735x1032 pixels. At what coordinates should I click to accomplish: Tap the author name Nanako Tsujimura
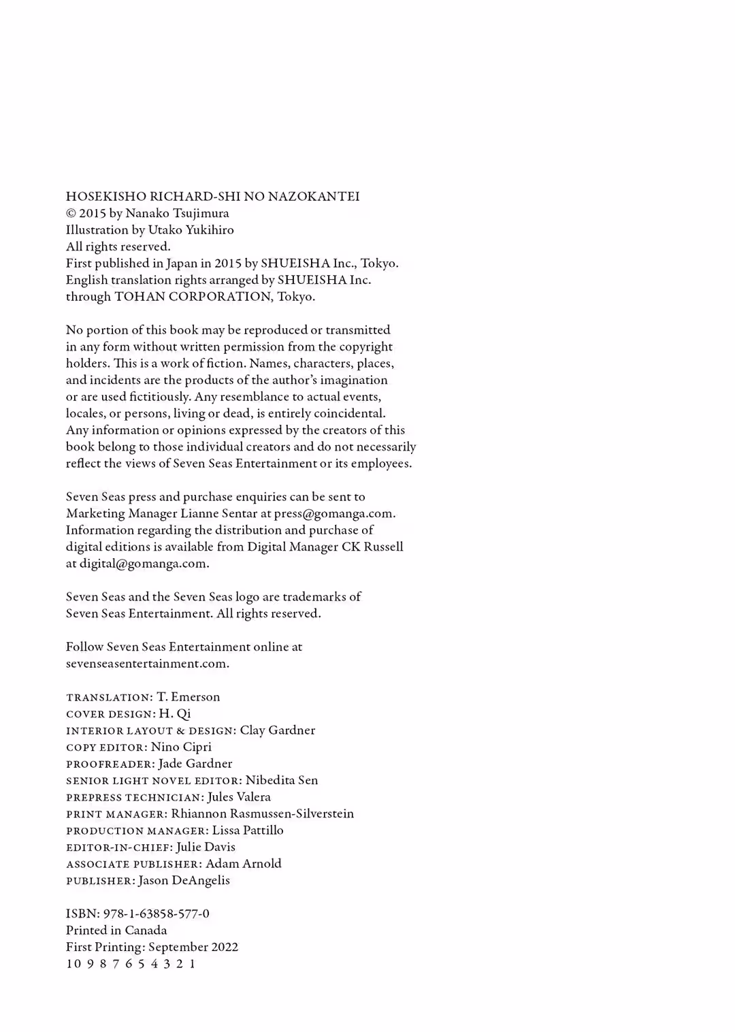tap(177, 213)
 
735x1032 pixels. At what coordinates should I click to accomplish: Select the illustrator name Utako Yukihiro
tap(191, 230)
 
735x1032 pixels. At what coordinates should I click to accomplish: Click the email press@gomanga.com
tap(333, 514)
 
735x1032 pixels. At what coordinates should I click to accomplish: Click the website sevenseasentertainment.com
tap(146, 664)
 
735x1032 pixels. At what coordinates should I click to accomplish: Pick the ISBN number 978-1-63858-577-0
tap(157, 914)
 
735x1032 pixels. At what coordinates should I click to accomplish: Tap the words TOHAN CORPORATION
tap(193, 297)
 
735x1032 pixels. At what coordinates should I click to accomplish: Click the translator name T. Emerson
tap(189, 697)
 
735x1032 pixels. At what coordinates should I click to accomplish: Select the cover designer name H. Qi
tap(175, 714)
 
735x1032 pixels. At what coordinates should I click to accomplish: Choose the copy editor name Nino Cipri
tap(181, 747)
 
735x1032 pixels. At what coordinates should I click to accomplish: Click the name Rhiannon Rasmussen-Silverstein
tap(263, 814)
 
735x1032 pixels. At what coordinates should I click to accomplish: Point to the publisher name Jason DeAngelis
tap(184, 881)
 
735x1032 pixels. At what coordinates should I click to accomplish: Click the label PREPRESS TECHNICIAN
tap(134, 798)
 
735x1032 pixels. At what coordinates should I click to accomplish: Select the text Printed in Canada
tap(116, 931)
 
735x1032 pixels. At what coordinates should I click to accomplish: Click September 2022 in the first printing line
tap(193, 948)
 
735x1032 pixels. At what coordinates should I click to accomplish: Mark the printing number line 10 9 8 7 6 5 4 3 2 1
tap(131, 964)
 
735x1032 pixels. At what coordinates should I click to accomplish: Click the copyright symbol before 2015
tap(71, 214)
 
